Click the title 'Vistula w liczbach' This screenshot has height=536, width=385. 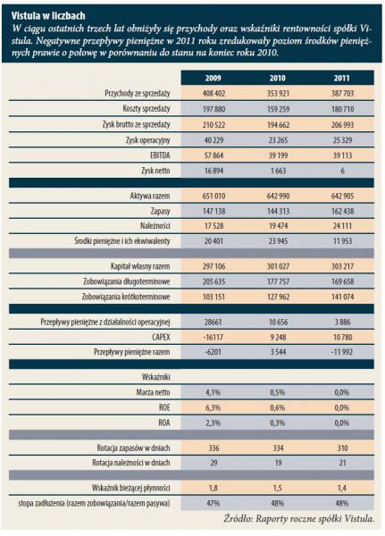point(48,16)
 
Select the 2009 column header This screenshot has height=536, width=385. point(213,78)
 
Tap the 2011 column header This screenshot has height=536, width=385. point(342,78)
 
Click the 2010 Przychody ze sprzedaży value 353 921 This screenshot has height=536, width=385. point(278,93)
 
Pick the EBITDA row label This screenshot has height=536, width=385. point(160,155)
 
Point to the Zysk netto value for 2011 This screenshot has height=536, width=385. point(342,171)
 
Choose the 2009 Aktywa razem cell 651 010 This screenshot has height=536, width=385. point(213,196)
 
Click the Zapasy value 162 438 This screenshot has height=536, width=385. point(342,211)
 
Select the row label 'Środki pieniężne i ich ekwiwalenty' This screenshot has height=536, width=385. point(122,241)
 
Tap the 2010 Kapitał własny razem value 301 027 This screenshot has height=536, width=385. point(278,266)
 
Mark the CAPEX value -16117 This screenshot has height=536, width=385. point(213,338)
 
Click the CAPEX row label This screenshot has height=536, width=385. point(161,338)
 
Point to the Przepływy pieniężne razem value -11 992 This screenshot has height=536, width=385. point(341,352)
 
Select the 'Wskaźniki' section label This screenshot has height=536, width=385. point(155,377)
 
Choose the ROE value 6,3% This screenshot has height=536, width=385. point(213,408)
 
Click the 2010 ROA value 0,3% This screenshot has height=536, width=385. point(277,423)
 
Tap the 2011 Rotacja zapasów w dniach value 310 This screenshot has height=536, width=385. point(342,448)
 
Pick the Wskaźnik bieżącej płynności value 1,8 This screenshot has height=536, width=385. point(213,488)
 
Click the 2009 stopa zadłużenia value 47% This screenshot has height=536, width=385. point(213,503)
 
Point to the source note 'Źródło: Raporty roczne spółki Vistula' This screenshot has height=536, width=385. point(299,518)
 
